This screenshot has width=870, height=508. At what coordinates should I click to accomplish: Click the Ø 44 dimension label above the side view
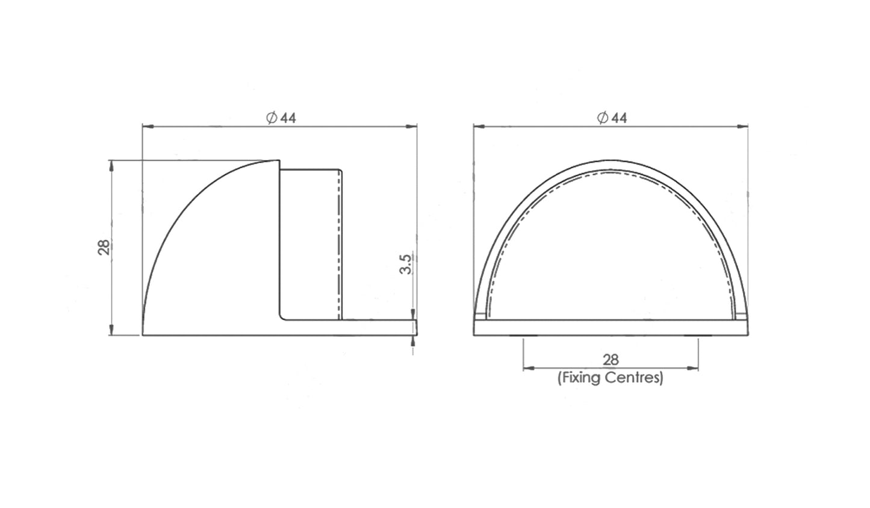coord(281,118)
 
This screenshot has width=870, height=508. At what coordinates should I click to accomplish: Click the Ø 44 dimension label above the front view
coord(612,118)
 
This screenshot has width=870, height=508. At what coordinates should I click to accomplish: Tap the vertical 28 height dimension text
coord(104,247)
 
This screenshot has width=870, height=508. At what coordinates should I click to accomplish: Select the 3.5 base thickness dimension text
coord(405,265)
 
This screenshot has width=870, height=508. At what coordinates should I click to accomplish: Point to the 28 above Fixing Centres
coord(611,360)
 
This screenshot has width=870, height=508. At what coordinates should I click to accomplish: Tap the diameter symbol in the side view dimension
coord(272,118)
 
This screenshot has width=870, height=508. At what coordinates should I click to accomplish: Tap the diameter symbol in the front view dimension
coord(603,118)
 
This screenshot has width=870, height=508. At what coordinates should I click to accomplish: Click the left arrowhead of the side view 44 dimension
coord(148,127)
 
